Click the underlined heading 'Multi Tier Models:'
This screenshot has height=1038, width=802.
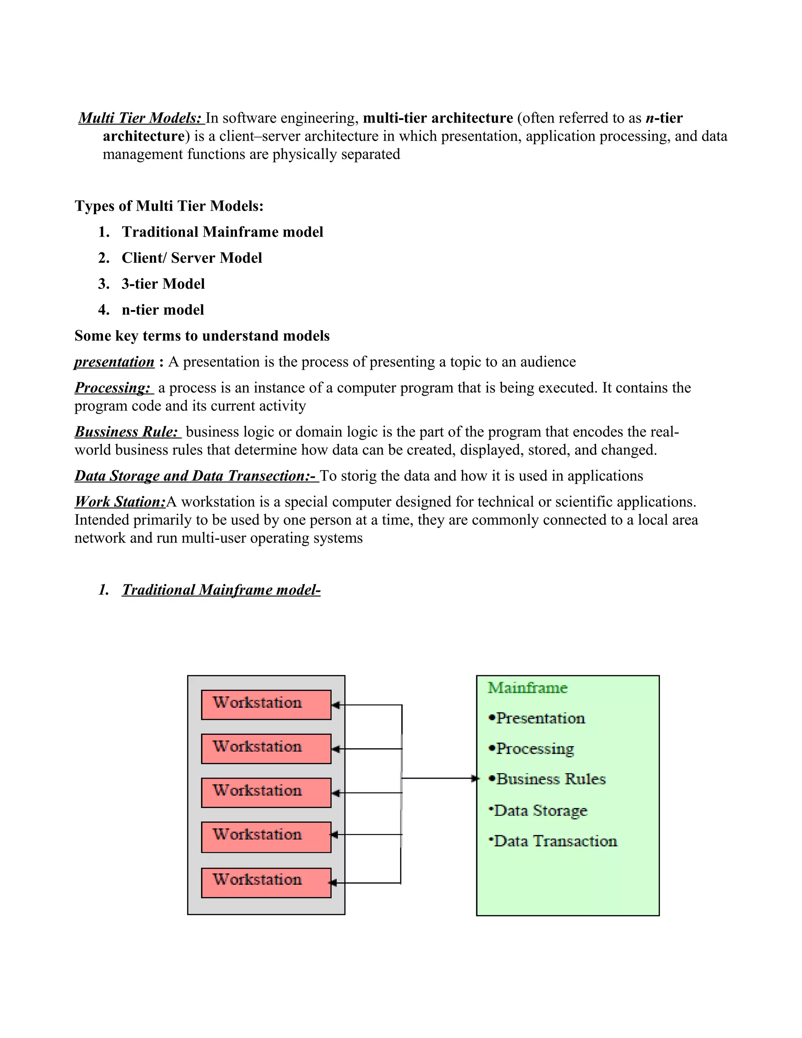[x=140, y=118]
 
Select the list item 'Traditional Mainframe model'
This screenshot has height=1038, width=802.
[x=222, y=232]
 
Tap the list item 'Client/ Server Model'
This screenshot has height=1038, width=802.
[x=191, y=258]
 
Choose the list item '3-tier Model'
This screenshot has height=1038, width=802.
[x=163, y=284]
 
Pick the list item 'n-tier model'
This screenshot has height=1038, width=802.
[x=163, y=310]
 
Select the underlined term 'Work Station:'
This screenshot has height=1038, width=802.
[x=120, y=502]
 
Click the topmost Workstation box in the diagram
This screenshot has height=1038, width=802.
[x=266, y=704]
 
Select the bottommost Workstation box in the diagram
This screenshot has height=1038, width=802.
[x=266, y=882]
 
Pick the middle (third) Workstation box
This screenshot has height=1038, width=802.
[x=266, y=792]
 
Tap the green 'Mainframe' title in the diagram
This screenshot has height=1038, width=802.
[x=527, y=688]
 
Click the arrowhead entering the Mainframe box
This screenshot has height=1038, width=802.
[x=474, y=779]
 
